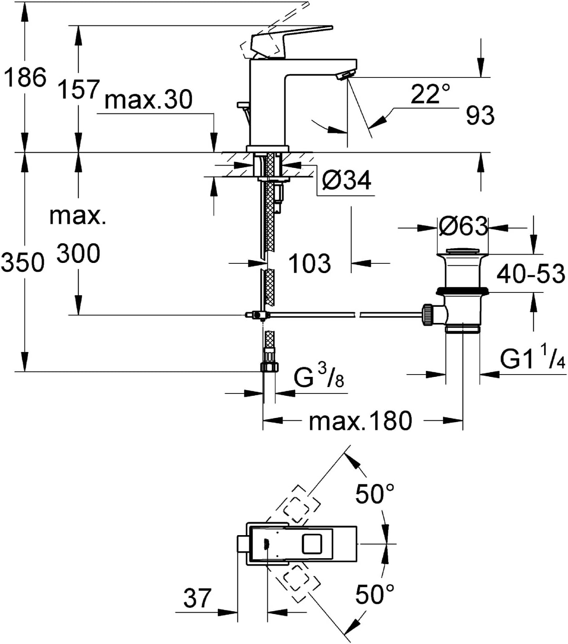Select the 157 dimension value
click(x=79, y=89)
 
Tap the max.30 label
click(x=148, y=100)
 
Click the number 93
click(x=480, y=115)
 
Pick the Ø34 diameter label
click(x=347, y=180)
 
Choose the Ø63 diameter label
click(x=463, y=226)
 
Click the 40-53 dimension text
click(x=531, y=274)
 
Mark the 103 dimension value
click(x=309, y=263)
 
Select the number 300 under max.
click(x=79, y=254)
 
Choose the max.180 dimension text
click(x=360, y=421)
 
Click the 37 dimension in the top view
click(x=197, y=598)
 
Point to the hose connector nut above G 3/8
click(x=270, y=367)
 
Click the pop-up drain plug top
click(x=463, y=251)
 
